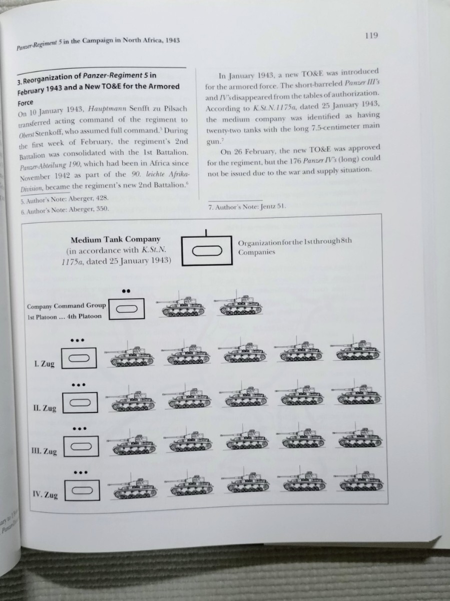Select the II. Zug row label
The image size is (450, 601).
45,408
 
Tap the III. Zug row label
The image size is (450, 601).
44,451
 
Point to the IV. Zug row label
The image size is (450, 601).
45,495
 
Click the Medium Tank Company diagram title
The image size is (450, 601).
115,240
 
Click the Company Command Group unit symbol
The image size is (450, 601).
127,308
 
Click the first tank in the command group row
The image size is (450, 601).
181,307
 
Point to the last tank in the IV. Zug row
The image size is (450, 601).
360,482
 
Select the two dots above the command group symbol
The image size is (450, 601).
126,290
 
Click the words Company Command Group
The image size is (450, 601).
67,306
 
